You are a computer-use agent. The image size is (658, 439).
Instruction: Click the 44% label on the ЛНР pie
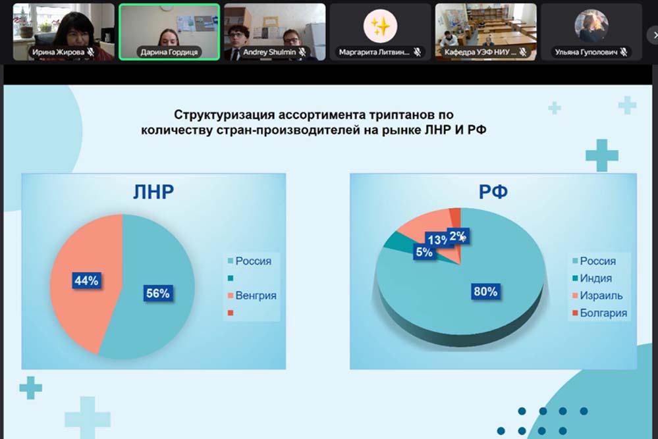coord(86,280)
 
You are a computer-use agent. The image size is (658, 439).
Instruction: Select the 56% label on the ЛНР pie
coord(158,293)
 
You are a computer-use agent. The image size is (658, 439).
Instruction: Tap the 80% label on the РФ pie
coord(485,291)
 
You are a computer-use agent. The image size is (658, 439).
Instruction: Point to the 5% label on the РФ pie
coord(424,252)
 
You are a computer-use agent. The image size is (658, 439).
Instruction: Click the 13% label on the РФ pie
coord(437,240)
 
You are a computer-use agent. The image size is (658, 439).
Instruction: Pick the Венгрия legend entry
coord(252,296)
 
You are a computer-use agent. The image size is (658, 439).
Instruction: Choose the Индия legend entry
coord(592,278)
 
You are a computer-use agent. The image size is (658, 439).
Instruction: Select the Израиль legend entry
coord(597,296)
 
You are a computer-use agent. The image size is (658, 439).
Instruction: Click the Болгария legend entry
coord(599,313)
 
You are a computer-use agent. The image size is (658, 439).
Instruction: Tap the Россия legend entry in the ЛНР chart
coord(250,261)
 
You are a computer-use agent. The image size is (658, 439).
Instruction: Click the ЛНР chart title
coord(153,192)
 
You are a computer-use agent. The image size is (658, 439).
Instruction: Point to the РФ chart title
coord(493,192)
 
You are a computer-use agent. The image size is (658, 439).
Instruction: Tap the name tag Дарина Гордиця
coord(169,53)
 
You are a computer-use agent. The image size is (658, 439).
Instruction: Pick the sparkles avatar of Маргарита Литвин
coord(380,26)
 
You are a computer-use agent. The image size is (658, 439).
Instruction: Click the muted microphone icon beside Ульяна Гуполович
coord(624,53)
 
